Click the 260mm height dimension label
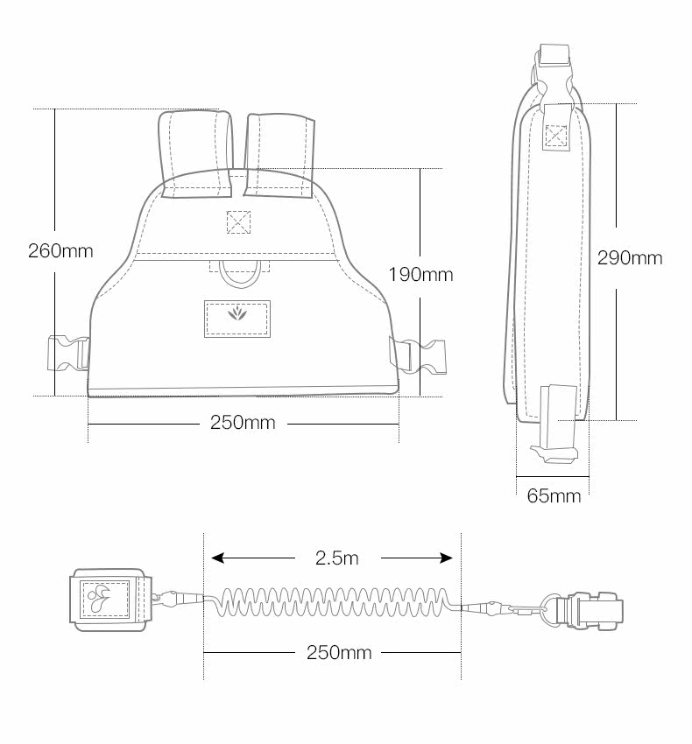point(60,250)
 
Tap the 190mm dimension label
point(420,274)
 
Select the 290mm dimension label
point(629,257)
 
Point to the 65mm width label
point(554,495)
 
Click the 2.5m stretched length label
point(336,558)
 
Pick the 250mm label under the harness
point(243,422)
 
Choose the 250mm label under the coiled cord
point(339,652)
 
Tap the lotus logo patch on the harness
point(237,319)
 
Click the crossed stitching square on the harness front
point(238,222)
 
